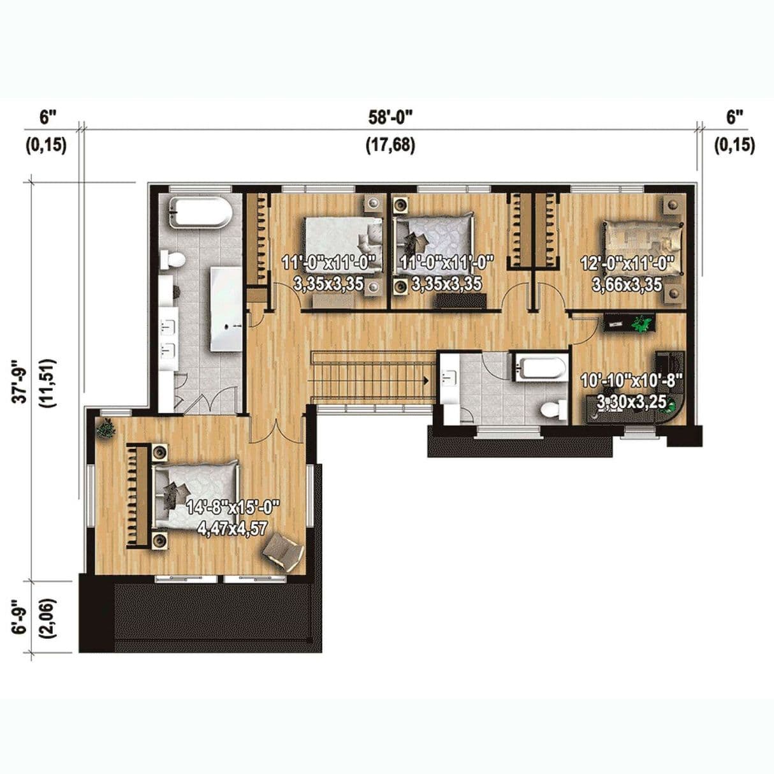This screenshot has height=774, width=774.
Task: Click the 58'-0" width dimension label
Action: (x=390, y=119)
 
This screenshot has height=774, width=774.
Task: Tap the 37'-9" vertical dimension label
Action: (x=21, y=381)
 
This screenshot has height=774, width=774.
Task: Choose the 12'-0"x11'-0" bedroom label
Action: (x=627, y=264)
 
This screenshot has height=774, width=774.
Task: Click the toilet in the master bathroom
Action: (x=173, y=259)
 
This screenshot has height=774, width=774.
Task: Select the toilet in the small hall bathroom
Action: (x=552, y=410)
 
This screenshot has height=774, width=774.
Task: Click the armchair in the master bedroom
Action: (x=283, y=551)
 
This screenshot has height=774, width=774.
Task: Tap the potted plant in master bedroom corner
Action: (x=107, y=427)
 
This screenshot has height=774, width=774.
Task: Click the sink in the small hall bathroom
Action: (x=449, y=377)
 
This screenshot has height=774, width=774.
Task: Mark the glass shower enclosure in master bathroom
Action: (x=226, y=309)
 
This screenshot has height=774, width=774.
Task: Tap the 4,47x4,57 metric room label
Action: (x=233, y=529)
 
